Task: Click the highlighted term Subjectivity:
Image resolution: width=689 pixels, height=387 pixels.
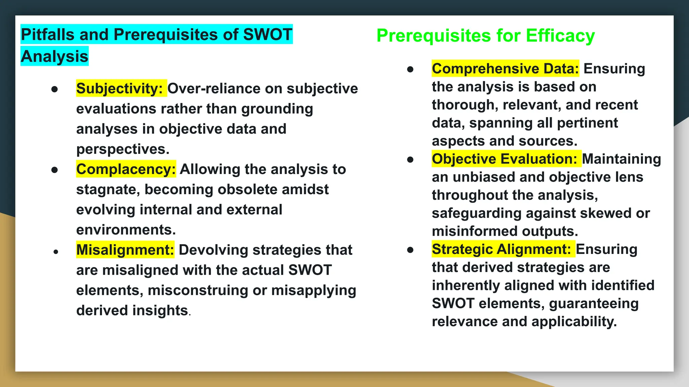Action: [x=120, y=89]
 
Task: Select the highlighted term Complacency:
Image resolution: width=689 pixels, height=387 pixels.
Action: [x=126, y=169]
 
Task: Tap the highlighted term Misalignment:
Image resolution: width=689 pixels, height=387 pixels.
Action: [x=125, y=250]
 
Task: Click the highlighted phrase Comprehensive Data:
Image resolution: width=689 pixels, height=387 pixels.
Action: [x=505, y=69]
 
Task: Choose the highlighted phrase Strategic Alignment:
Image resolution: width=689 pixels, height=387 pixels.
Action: [x=501, y=249]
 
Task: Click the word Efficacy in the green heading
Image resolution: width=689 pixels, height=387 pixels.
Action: [x=560, y=36]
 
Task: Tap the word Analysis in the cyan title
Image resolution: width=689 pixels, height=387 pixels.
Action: [x=55, y=56]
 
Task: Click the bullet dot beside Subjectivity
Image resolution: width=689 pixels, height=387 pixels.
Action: [x=55, y=89]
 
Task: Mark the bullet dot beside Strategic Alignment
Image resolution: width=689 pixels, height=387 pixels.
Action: [x=410, y=250]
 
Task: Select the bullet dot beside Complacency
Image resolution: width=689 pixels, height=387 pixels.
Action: [x=55, y=170]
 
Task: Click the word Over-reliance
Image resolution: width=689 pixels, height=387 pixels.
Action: [x=214, y=89]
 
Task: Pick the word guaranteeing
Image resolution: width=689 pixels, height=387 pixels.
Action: [x=594, y=304]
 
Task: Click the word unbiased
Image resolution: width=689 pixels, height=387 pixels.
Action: [x=482, y=177]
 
